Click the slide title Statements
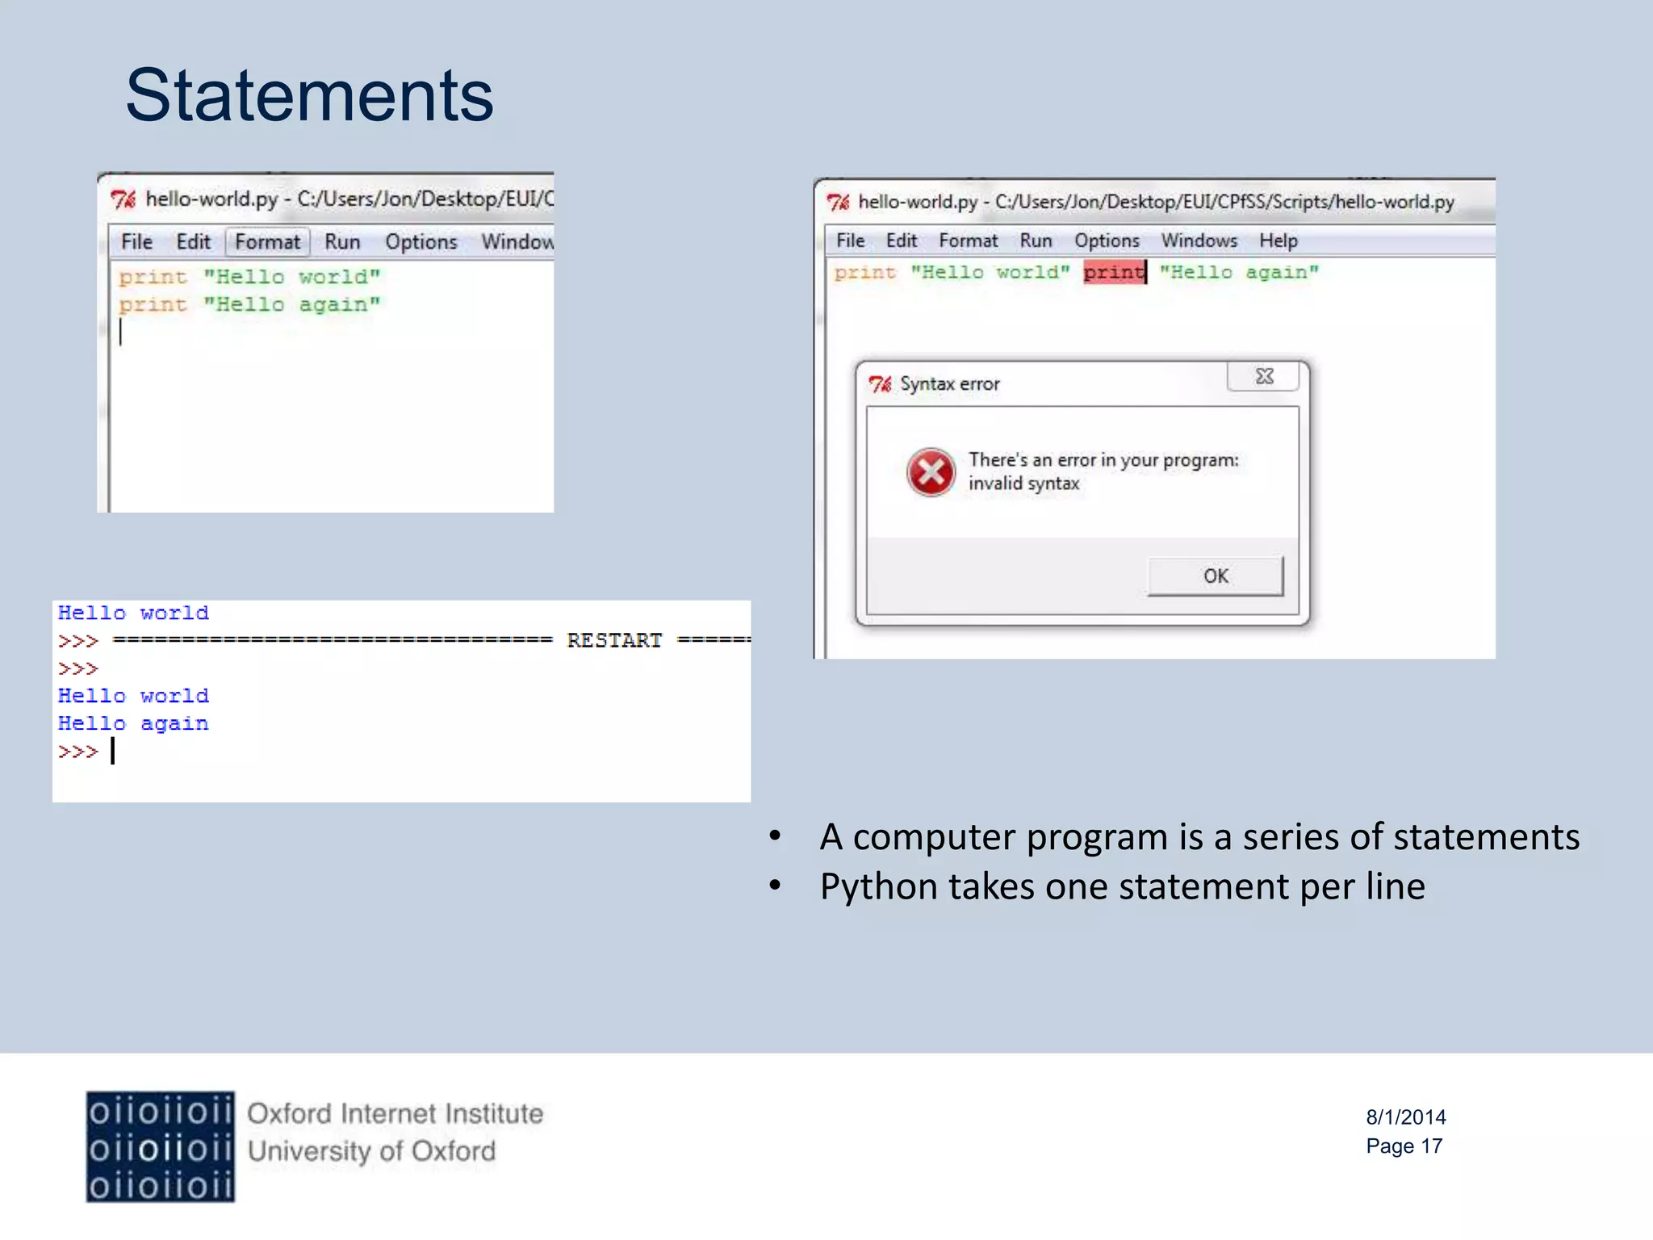[309, 96]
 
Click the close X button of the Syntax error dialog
[1264, 376]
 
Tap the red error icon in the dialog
[931, 472]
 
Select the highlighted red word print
[1114, 272]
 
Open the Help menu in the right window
[1278, 241]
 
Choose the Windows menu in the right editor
[1199, 241]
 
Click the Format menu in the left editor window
[267, 241]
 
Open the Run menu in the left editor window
[342, 241]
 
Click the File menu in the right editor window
[850, 241]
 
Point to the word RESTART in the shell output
[613, 641]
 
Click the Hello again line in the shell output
[133, 723]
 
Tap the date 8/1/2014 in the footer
[1405, 1117]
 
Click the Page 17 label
[1404, 1146]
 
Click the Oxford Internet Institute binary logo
[160, 1147]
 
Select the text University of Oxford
[371, 1151]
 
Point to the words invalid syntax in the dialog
[1023, 484]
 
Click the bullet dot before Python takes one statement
[775, 886]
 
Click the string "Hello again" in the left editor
[291, 305]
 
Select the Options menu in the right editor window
[1107, 241]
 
